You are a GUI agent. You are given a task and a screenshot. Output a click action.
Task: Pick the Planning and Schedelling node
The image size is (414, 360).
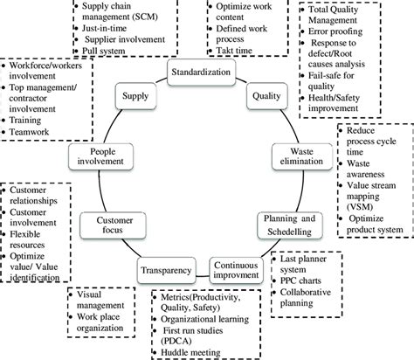click(286, 223)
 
